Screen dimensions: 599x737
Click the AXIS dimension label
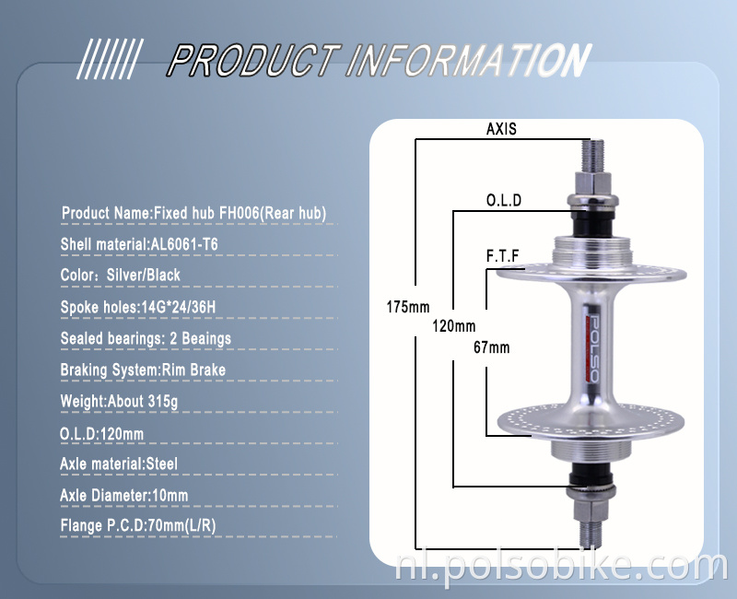pos(501,130)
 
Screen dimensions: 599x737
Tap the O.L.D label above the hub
pos(504,200)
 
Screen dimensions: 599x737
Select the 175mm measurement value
pos(407,306)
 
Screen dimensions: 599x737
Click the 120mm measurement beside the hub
pos(453,326)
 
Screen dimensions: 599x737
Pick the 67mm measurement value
pos(491,347)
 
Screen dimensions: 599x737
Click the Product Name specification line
pos(193,213)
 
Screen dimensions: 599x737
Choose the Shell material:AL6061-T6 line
pos(139,244)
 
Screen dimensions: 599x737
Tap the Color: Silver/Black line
pos(121,276)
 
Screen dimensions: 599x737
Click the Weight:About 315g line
pos(119,401)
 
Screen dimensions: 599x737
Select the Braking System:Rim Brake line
pos(143,370)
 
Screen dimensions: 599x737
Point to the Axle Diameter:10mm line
pos(124,495)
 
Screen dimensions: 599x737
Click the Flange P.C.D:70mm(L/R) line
pos(139,526)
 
